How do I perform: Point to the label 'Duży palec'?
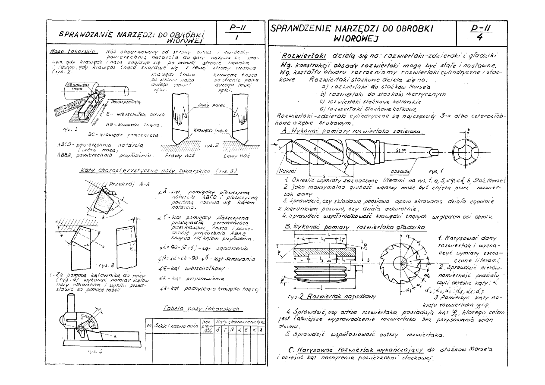pos(206,105)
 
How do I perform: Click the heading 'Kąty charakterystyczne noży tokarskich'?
pos(160,171)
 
